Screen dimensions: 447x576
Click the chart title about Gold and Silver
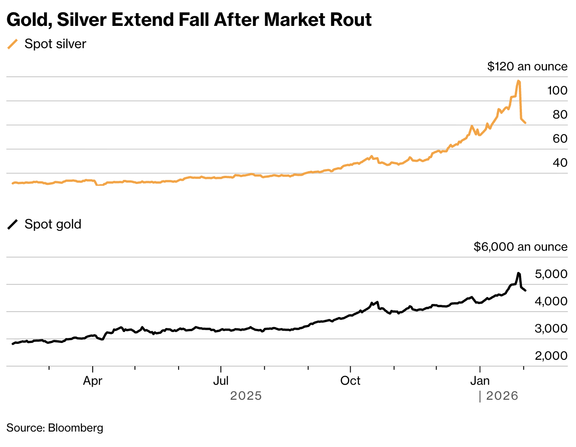pyautogui.click(x=189, y=20)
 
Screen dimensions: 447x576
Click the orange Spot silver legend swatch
pyautogui.click(x=13, y=44)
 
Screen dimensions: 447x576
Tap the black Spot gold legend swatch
pyautogui.click(x=13, y=224)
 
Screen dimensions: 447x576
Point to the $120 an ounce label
pyautogui.click(x=527, y=66)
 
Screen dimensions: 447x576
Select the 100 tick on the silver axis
pyautogui.click(x=557, y=90)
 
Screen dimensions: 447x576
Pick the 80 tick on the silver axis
pyautogui.click(x=560, y=114)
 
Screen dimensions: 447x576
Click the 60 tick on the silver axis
pyautogui.click(x=560, y=139)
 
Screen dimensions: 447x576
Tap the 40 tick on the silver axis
pyautogui.click(x=560, y=163)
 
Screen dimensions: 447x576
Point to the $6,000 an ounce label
pyautogui.click(x=520, y=247)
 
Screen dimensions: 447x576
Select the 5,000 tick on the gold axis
pyautogui.click(x=551, y=274)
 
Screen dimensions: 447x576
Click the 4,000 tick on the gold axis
pyautogui.click(x=551, y=301)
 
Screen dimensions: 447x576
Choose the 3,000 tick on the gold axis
pyautogui.click(x=551, y=328)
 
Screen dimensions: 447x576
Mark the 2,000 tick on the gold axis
pyautogui.click(x=551, y=356)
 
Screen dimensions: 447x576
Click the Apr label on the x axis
pyautogui.click(x=93, y=381)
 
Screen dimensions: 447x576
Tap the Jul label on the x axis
pyautogui.click(x=221, y=381)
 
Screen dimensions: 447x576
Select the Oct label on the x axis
pyautogui.click(x=350, y=381)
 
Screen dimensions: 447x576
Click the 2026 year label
pyautogui.click(x=502, y=396)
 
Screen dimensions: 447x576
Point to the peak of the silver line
pyautogui.click(x=518, y=81)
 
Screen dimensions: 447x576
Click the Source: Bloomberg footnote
pyautogui.click(x=55, y=428)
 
